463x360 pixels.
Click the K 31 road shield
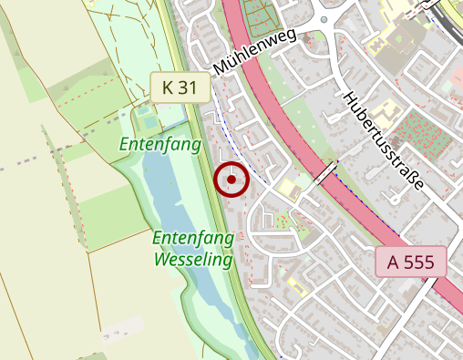tap(180, 87)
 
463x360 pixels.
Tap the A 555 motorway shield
tap(410, 262)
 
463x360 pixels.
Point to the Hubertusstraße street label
tap(384, 139)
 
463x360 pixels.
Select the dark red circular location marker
tap(231, 180)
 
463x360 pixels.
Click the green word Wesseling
tap(194, 258)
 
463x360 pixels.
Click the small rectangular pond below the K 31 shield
tap(146, 118)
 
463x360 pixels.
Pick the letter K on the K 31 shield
tap(168, 87)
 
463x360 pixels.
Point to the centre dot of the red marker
tap(231, 180)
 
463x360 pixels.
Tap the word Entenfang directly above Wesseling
tap(194, 238)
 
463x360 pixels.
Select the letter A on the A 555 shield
tap(394, 262)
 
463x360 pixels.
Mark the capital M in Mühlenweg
tap(219, 70)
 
